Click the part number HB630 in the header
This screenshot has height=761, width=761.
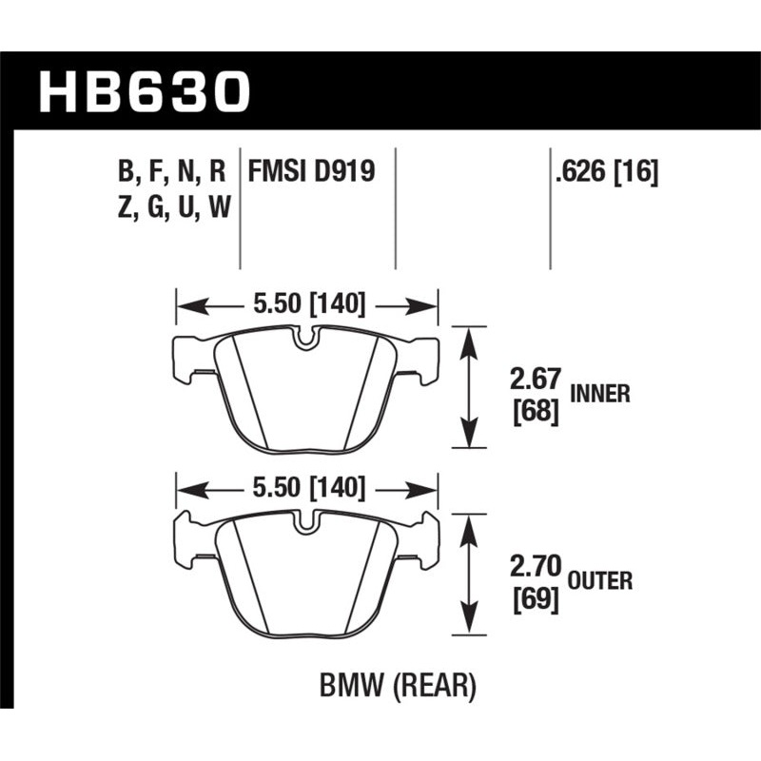coord(144,92)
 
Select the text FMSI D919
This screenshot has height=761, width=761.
coord(311,171)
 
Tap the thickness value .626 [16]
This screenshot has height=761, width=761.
coord(604,171)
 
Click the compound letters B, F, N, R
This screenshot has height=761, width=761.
coord(172,171)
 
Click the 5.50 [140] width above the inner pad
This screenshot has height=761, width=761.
coord(306,305)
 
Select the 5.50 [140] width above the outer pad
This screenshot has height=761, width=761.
coord(306,488)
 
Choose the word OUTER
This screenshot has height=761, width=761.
coord(601,578)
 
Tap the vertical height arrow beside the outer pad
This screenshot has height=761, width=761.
coord(467,571)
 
